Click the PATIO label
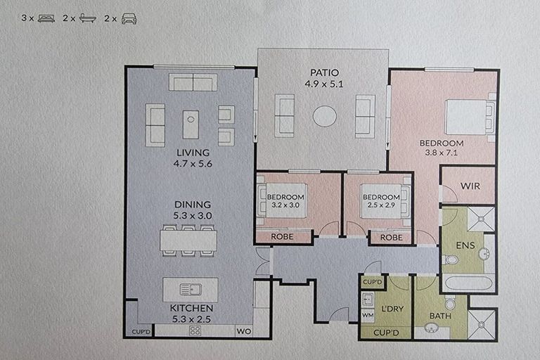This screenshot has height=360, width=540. coord(324,73)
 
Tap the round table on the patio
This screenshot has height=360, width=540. coord(324,116)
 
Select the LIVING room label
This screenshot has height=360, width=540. coord(193,153)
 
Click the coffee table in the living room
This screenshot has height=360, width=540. coord(191,124)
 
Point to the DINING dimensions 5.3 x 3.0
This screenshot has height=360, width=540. coord(192,216)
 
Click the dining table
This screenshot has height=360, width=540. coord(188,241)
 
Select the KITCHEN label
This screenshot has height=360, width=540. coord(192,308)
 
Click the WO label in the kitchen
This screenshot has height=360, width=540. coord(243,330)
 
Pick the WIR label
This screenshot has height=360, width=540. coord(470,186)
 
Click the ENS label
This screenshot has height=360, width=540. coord(465,246)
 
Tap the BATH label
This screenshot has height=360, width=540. coord(440,316)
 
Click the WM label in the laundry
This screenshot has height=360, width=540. coord(367,316)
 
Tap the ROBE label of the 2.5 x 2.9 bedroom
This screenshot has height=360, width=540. coord(392,238)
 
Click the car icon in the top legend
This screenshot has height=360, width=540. coord(129,19)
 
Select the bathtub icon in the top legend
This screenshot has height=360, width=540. coord(88,19)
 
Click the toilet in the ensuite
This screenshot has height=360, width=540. coord(451,260)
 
